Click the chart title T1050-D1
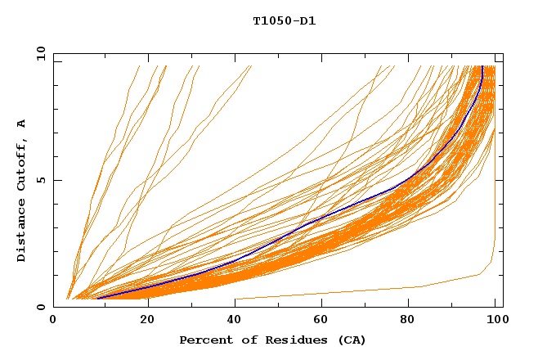(284, 21)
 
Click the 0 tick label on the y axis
(40, 307)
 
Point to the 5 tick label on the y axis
(40, 180)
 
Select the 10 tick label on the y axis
(37, 53)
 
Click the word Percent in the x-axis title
(204, 340)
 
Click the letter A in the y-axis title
(21, 124)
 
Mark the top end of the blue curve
(482, 67)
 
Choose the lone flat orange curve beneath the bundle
(368, 291)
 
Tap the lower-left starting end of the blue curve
(97, 298)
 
